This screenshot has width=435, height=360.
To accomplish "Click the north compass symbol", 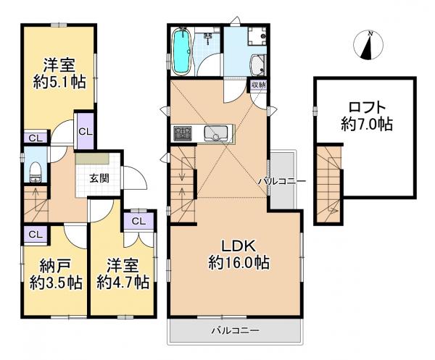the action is click(368, 45).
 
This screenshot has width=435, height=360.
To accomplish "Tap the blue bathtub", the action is click(182, 52).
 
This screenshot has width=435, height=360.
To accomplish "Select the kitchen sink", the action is click(215, 133).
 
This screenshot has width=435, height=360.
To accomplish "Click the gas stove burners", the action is click(183, 133).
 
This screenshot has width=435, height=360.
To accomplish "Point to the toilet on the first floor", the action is click(36, 172).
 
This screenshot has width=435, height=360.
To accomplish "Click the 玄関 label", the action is click(99, 178).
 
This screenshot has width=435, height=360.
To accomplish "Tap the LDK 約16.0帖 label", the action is click(239, 254).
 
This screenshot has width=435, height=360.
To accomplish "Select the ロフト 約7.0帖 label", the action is click(367, 116).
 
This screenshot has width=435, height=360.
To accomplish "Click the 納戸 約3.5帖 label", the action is click(56, 275).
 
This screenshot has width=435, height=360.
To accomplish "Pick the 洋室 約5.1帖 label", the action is click(59, 73).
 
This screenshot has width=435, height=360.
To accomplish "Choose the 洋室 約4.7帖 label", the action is click(123, 274).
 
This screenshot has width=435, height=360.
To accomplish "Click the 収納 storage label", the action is click(259, 85).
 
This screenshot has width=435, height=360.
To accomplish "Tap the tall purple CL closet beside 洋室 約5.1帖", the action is click(85, 131).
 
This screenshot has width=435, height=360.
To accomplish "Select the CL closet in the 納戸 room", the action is click(36, 235).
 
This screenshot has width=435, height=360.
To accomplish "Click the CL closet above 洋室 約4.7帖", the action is click(138, 221).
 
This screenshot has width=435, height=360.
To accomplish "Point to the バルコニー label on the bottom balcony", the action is click(236, 330).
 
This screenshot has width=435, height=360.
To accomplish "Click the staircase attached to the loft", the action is click(328, 184).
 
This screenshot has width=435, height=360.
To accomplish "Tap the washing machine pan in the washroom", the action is click(257, 35).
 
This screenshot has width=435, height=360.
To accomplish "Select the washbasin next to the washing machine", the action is click(258, 65).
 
